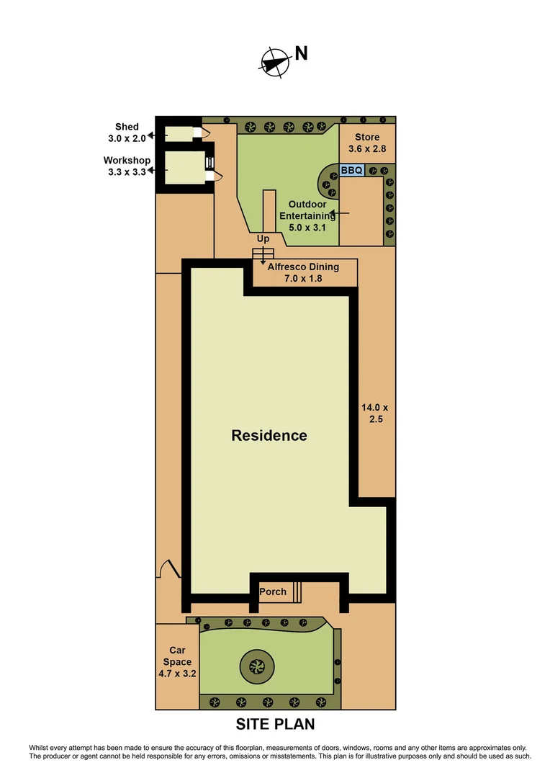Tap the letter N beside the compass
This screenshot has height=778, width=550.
click(x=301, y=54)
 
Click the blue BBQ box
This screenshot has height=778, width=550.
click(x=352, y=170)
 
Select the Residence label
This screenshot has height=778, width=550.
click(x=269, y=436)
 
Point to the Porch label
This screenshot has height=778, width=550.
click(x=273, y=592)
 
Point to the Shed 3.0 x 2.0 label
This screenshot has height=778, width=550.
click(x=127, y=133)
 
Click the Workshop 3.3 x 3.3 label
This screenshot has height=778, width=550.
click(x=127, y=166)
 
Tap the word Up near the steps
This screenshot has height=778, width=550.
click(x=263, y=238)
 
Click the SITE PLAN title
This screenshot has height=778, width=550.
click(x=276, y=724)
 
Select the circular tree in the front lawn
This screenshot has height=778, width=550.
click(x=256, y=666)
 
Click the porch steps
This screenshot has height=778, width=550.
click(x=297, y=591)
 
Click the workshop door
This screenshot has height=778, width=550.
click(x=212, y=175)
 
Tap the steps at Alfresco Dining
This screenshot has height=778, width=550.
click(x=259, y=253)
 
